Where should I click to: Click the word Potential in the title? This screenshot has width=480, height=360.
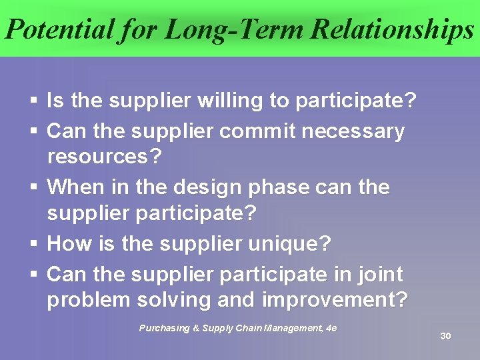[x=58, y=29]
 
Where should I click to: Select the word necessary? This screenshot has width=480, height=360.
[x=353, y=131]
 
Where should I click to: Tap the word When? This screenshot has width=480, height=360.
[x=72, y=187]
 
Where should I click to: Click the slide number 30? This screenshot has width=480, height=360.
[x=445, y=336]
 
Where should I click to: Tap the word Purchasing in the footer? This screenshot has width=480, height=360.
[x=163, y=328]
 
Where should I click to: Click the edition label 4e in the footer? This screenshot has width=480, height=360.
[x=331, y=328]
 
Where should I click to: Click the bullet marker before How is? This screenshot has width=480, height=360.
[x=34, y=245]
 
